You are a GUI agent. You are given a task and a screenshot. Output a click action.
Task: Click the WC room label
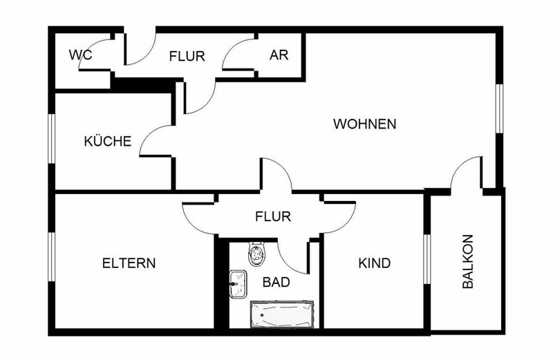pyautogui.click(x=80, y=55)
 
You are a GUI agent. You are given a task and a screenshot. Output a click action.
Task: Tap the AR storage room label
pyautogui.click(x=279, y=55)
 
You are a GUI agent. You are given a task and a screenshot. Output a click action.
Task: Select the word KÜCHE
pyautogui.click(x=108, y=141)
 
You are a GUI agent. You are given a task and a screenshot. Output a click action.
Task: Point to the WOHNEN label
pyautogui.click(x=365, y=124)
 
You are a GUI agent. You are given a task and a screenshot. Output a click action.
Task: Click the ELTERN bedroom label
pyautogui.click(x=129, y=263)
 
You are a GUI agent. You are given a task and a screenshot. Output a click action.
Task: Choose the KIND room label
pyautogui.click(x=374, y=263)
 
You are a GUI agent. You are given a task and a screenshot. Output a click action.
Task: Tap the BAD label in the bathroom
pyautogui.click(x=276, y=282)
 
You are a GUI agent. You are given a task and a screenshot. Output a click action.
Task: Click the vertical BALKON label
pyautogui.click(x=468, y=262)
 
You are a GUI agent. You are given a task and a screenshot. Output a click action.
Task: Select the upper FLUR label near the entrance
pyautogui.click(x=187, y=56)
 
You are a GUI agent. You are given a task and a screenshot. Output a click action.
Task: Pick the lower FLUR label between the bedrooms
pyautogui.click(x=273, y=216)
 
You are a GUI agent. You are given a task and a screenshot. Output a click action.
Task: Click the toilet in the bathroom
pyautogui.click(x=256, y=254)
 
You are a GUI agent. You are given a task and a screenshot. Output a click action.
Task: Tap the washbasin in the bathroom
pyautogui.click(x=238, y=284)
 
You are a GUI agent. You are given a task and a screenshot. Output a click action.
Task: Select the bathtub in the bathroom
pyautogui.click(x=282, y=314)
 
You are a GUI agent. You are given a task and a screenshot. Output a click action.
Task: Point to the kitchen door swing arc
pyautogui.click(x=147, y=136)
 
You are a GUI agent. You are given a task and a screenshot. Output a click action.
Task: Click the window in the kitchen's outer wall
pyautogui.click(x=52, y=139)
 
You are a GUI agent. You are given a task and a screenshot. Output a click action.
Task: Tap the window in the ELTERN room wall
pyautogui.click(x=52, y=256)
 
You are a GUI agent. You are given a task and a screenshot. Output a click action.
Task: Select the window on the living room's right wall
pyautogui.click(x=498, y=108)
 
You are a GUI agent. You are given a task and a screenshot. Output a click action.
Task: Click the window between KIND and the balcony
pyautogui.click(x=427, y=259)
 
